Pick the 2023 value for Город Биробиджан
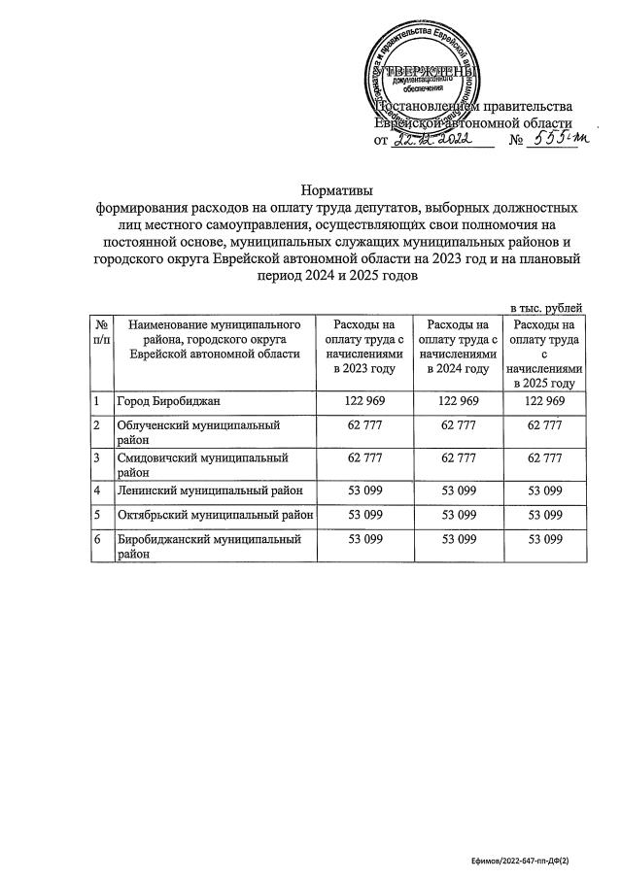tap(359, 402)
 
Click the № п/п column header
tap(101, 332)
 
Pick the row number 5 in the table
tap(97, 513)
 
